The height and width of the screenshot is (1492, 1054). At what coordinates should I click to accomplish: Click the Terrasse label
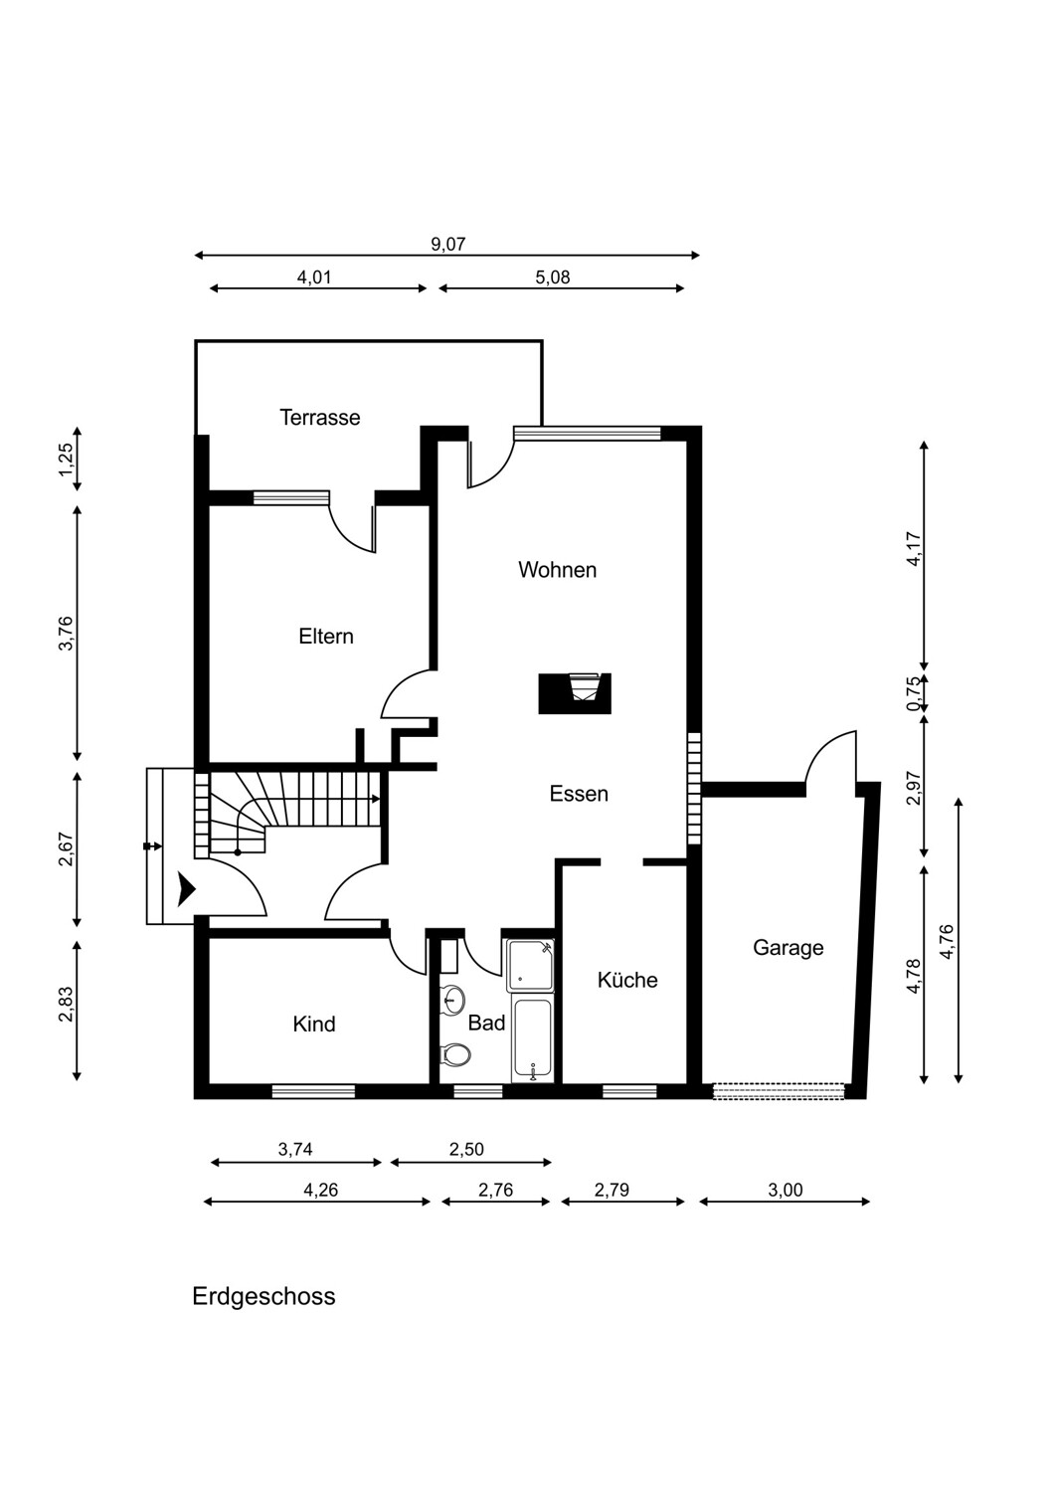319,418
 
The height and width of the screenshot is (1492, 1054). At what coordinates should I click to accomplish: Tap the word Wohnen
557,570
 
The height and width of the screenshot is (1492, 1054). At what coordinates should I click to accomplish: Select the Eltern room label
325,637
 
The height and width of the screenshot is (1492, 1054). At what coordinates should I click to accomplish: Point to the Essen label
579,794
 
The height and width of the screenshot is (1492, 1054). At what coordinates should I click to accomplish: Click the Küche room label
627,979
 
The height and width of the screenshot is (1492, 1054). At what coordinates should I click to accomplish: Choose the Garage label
788,947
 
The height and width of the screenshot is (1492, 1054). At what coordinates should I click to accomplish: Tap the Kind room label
313,1024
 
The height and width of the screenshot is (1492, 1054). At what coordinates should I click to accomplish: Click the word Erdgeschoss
263,1296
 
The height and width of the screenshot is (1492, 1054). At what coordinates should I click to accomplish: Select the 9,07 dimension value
447,244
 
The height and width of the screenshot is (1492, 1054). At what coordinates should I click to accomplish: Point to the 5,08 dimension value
553,278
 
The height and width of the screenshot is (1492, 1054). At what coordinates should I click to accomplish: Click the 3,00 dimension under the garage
785,1190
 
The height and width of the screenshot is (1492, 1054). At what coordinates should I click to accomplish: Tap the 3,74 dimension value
295,1149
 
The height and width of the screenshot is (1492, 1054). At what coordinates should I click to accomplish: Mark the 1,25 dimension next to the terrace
68,460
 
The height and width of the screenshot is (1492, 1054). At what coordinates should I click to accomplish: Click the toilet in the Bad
455,1054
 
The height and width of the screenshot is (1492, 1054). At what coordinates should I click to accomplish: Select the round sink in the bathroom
453,1000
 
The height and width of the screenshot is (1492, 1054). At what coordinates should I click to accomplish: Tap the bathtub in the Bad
532,1039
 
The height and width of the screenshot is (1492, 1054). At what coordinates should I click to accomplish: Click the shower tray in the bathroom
530,965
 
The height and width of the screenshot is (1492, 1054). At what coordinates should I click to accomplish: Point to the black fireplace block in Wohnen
575,693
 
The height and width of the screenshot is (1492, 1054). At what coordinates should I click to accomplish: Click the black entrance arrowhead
186,889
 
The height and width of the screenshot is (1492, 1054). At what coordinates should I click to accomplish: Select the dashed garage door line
779,1091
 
